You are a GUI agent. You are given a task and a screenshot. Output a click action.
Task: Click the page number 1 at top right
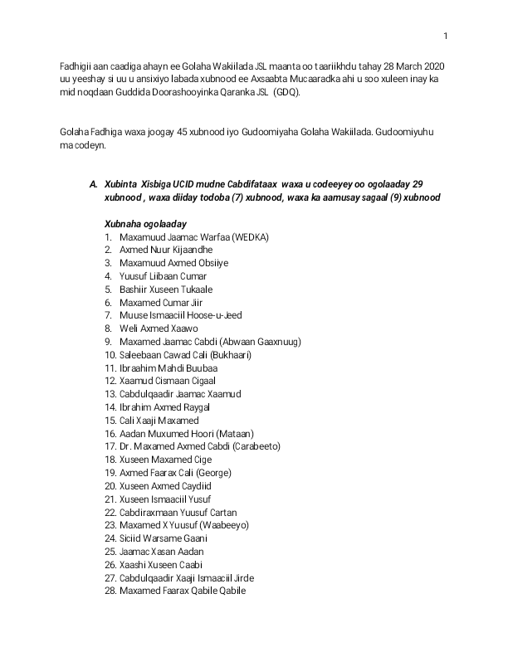(445, 35)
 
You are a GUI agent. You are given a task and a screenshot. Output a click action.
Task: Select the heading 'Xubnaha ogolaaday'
(145, 223)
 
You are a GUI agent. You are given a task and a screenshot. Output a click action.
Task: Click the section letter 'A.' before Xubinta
(94, 183)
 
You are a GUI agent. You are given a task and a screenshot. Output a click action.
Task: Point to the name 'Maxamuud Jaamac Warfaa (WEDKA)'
(193, 236)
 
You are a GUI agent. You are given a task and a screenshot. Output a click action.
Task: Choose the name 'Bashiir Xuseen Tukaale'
(166, 290)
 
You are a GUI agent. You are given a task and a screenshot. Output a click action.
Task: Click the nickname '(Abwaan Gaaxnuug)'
(263, 342)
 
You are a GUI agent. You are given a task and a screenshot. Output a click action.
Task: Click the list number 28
(110, 591)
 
